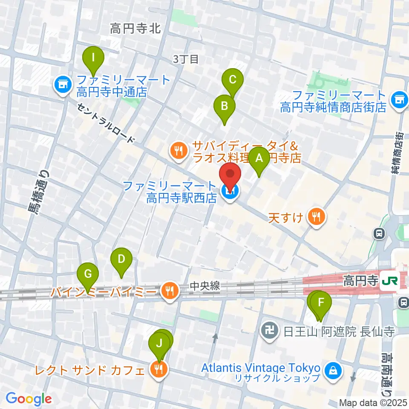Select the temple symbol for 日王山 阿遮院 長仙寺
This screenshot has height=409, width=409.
(x=270, y=331)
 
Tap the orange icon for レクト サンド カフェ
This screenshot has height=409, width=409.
(x=159, y=370)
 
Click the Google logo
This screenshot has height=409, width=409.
(x=29, y=399)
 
